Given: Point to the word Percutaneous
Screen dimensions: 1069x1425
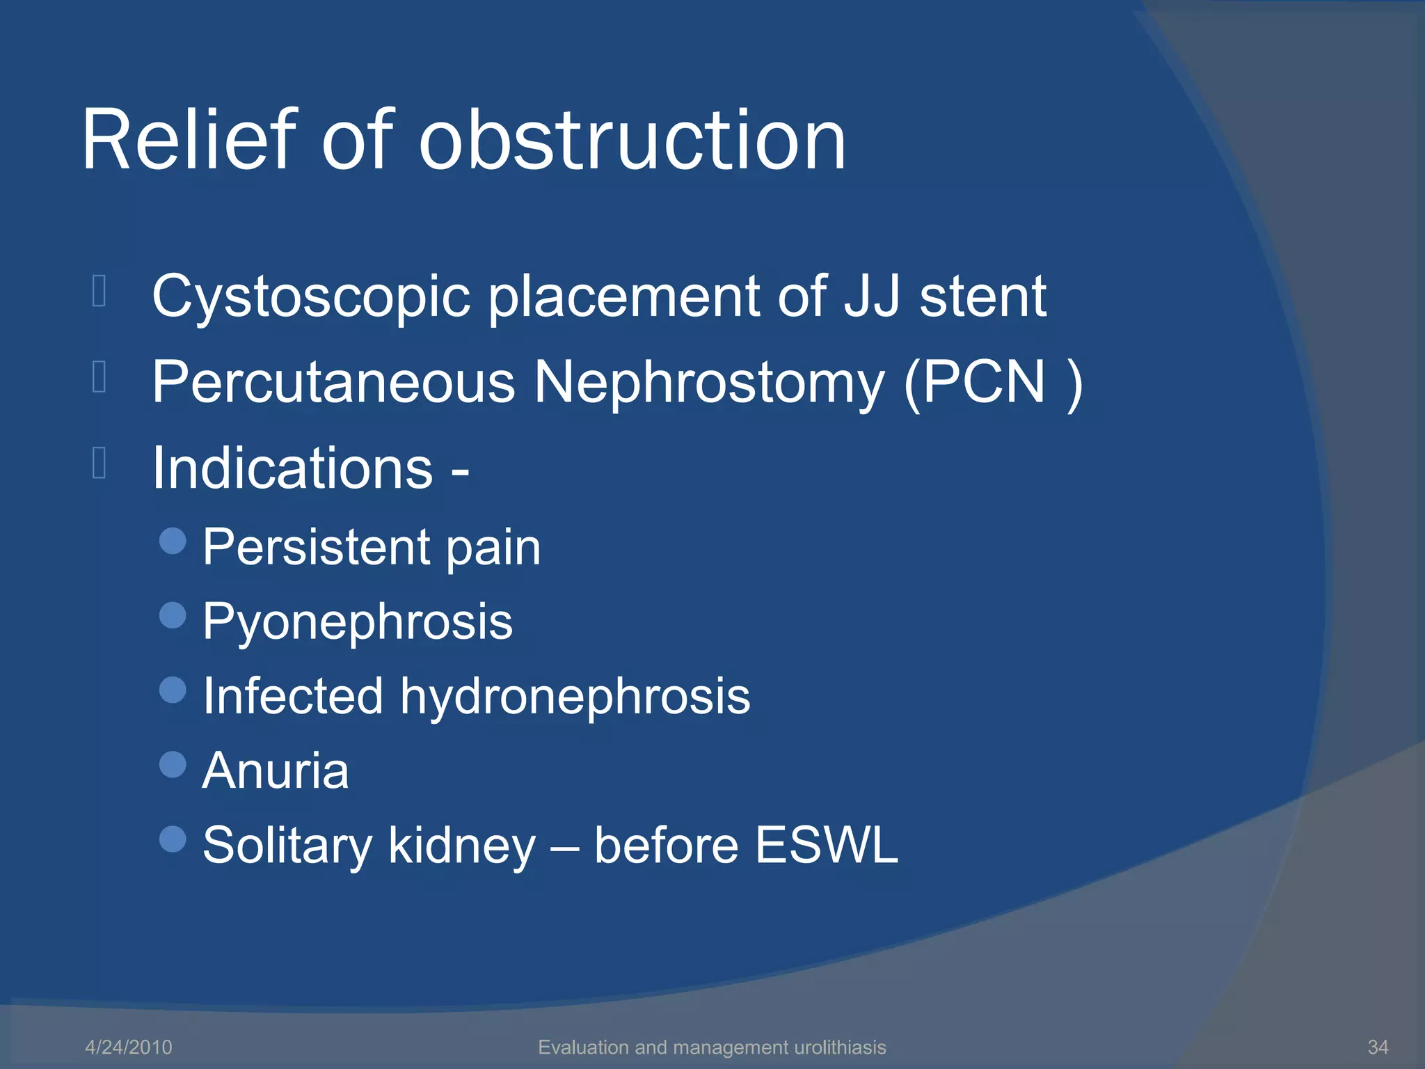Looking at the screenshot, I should (333, 383).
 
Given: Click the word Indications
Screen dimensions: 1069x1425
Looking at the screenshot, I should (293, 468).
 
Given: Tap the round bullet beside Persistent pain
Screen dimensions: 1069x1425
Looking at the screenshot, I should (173, 540).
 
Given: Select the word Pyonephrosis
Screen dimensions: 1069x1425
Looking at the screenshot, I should (358, 622).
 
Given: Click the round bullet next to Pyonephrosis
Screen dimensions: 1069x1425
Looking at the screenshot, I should (173, 615).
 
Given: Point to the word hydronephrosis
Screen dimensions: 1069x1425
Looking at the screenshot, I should (575, 696).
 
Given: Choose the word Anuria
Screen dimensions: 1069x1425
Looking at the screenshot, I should (276, 771).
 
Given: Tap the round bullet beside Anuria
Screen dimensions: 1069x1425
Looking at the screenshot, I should (173, 765).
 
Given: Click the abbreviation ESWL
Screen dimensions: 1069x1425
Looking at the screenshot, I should (827, 846).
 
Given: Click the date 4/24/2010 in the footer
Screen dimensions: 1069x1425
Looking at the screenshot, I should (129, 1047).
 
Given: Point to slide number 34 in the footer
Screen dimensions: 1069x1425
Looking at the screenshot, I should (1378, 1047).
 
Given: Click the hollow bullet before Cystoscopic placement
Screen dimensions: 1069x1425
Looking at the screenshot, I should (99, 292).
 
